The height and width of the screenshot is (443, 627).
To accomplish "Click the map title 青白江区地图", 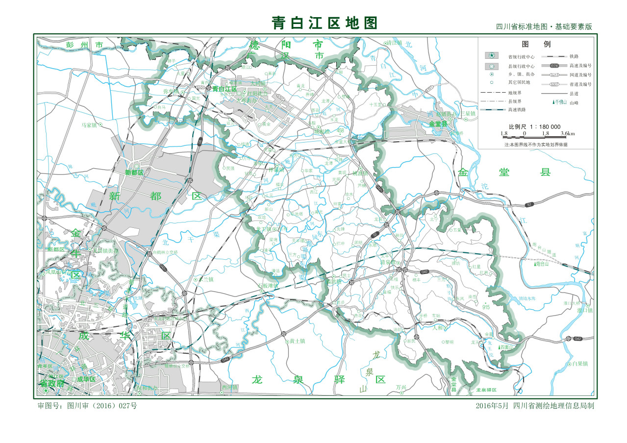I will coord(325,23).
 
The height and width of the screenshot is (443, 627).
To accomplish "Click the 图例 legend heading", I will coord(534,44).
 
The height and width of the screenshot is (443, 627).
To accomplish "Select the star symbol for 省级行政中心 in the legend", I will coord(492,56).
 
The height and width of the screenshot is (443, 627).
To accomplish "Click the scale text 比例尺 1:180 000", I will coord(534,126).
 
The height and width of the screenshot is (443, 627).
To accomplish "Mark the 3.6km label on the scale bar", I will coord(568,133).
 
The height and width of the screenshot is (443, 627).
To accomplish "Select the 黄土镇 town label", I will coord(297,341).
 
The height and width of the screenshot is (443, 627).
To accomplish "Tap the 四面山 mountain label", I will coord(506,347).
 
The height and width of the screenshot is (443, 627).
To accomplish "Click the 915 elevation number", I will coord(486,307).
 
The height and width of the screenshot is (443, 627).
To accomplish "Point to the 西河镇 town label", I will coord(229,387).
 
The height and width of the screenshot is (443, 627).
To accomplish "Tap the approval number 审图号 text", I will coord(88,406).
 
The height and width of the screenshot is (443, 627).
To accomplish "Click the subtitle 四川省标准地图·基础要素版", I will coord(544,27).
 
